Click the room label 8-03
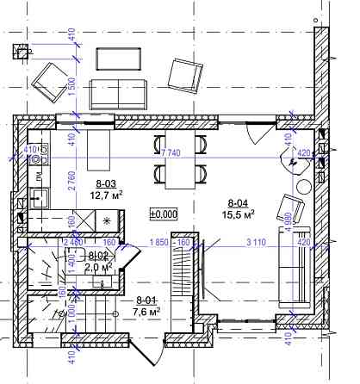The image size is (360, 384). point(108,183)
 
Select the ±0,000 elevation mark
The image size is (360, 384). point(163,213)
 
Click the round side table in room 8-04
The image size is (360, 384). point(304,189)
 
